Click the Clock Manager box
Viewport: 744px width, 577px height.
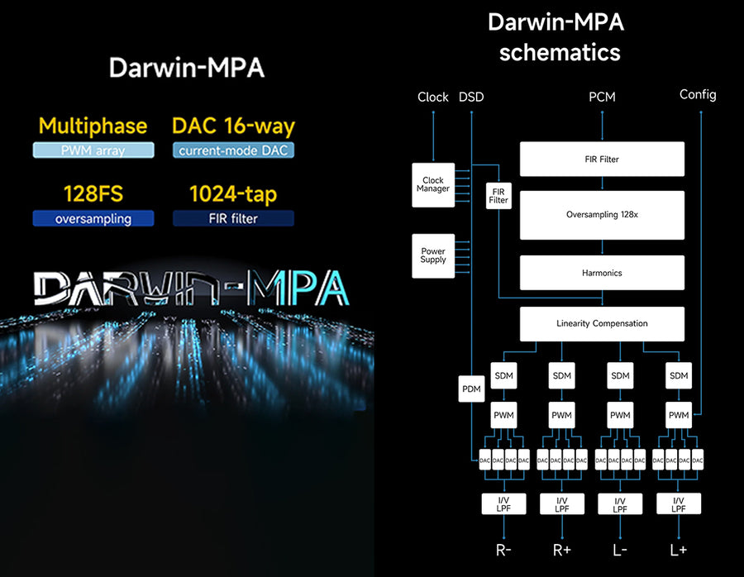pos(433,184)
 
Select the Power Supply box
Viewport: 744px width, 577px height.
pos(433,255)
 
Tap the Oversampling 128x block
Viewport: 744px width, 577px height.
pos(602,214)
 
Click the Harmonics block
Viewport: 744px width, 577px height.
pos(602,273)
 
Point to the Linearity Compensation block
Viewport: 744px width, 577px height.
pos(602,323)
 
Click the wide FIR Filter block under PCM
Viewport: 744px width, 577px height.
pos(602,159)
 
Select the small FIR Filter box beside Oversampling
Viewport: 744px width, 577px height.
pos(498,195)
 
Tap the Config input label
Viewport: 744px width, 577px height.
pos(698,94)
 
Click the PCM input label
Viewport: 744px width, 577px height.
pos(602,97)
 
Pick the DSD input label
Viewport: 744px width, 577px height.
pos(470,97)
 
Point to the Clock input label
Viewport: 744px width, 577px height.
pos(433,97)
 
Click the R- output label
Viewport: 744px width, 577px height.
pos(503,550)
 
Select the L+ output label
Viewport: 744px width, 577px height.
pos(679,550)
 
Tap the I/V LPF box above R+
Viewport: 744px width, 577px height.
pos(562,504)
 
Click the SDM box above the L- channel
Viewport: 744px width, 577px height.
pos(620,376)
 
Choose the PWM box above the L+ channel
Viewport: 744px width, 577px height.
pos(679,415)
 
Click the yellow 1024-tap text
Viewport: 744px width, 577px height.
pos(233,194)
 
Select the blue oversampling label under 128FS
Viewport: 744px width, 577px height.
pos(93,219)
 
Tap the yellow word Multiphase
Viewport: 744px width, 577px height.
pos(93,126)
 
